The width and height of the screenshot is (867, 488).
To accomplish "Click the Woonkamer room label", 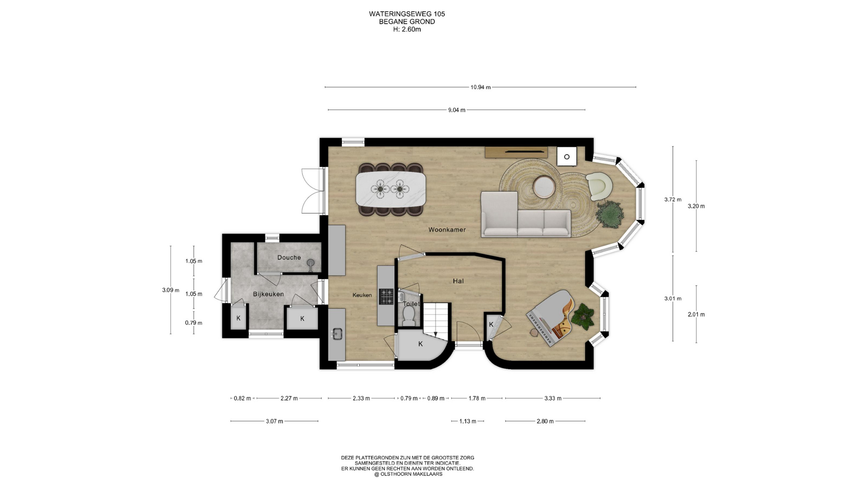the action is (x=447, y=230).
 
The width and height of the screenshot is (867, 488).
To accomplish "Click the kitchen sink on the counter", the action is (x=336, y=333).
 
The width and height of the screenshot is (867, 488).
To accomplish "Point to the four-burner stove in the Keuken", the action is (x=386, y=297).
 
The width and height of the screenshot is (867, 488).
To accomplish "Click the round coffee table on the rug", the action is (x=545, y=187).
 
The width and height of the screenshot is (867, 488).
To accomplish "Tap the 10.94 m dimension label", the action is (x=480, y=87).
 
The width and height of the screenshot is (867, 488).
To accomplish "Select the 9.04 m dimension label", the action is (x=457, y=110).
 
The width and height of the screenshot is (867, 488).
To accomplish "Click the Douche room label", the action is (x=289, y=258).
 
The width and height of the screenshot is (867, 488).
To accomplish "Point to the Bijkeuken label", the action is (x=268, y=294).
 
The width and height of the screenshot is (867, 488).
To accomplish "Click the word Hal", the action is (x=458, y=281).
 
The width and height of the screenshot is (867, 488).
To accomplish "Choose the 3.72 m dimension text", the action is (x=673, y=199).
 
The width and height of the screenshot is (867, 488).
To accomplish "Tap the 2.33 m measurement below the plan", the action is (x=361, y=399).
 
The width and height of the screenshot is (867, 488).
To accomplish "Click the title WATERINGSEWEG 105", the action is (x=407, y=14).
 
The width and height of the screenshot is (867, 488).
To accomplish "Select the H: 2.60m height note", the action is (x=407, y=29).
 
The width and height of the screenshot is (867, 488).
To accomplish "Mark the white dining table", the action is (x=391, y=189).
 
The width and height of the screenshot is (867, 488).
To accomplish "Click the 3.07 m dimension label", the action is (x=275, y=421).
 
